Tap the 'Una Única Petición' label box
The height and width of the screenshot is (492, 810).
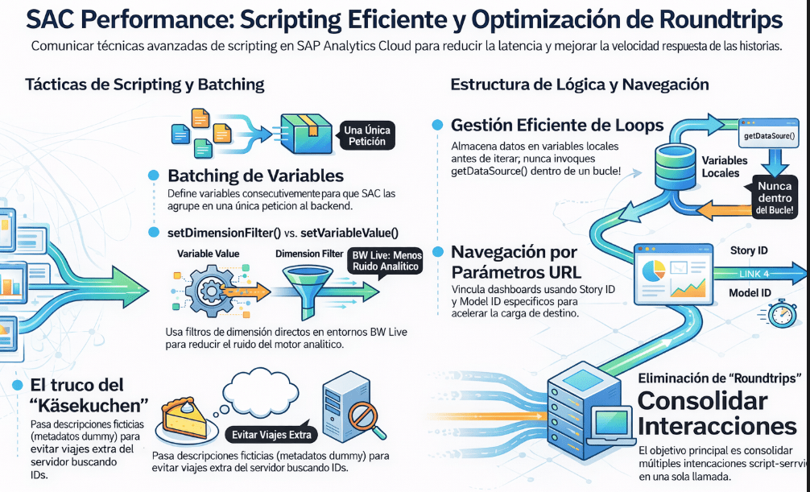tap(367, 135)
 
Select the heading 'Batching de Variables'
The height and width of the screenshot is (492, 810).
tap(255, 176)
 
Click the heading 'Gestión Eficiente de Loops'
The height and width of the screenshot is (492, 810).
tap(557, 125)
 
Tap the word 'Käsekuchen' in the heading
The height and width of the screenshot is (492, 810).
tap(85, 405)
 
